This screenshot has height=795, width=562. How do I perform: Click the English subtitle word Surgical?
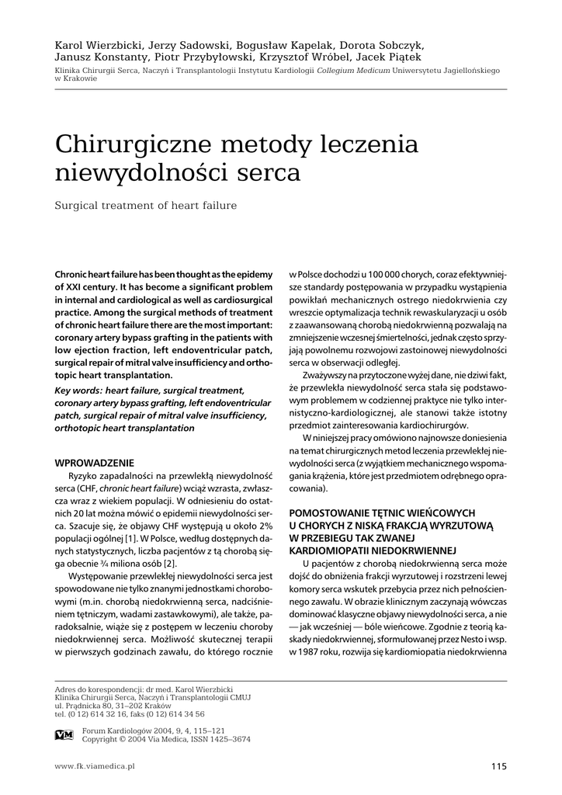coord(78,206)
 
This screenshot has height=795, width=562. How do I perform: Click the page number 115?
coord(498,766)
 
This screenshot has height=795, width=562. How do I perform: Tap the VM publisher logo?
coord(64,734)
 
